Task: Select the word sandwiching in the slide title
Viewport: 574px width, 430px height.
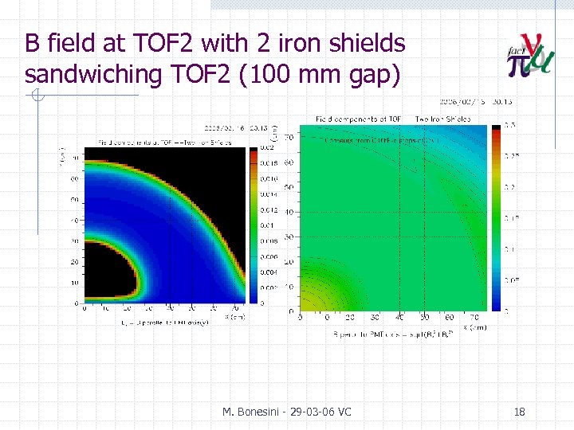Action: click(88, 73)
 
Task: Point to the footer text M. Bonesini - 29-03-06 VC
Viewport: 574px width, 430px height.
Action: click(287, 412)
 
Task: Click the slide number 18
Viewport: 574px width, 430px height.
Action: click(520, 412)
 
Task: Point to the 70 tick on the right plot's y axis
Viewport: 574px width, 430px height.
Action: click(289, 137)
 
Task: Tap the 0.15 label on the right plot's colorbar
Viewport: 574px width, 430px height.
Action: click(511, 217)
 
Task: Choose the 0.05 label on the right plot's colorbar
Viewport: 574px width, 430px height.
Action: click(511, 279)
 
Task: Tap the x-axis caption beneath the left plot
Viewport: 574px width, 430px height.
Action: click(154, 322)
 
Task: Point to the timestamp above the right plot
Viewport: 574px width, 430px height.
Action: click(467, 102)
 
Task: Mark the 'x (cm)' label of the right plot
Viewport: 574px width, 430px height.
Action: click(478, 326)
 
